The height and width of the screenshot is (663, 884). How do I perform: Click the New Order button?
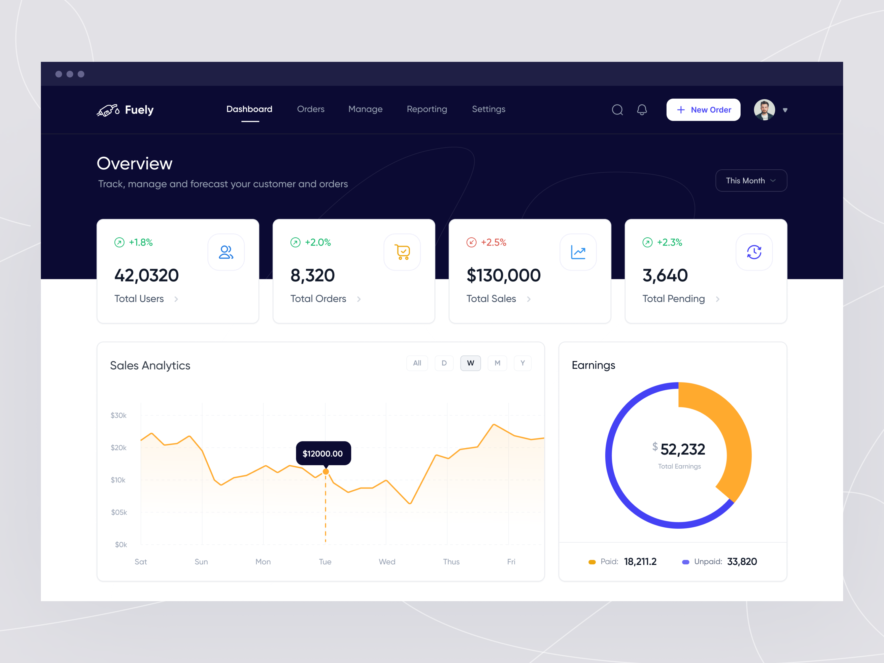pyautogui.click(x=703, y=110)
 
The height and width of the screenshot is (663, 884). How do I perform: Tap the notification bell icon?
pyautogui.click(x=642, y=110)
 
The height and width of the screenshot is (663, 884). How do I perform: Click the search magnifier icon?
pyautogui.click(x=617, y=110)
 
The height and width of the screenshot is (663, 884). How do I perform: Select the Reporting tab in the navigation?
pyautogui.click(x=427, y=109)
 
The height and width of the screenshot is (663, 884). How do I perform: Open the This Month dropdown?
pyautogui.click(x=751, y=181)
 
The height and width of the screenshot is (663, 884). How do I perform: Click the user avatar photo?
pyautogui.click(x=764, y=110)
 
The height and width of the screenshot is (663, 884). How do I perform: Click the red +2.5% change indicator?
pyautogui.click(x=486, y=243)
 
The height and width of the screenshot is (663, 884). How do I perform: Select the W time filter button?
pyautogui.click(x=470, y=363)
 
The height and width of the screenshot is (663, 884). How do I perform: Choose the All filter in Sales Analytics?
pyautogui.click(x=417, y=363)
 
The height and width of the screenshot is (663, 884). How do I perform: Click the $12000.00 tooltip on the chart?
pyautogui.click(x=323, y=454)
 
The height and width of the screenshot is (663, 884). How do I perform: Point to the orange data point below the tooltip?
pyautogui.click(x=326, y=472)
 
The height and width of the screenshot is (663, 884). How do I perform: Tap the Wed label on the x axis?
pyautogui.click(x=387, y=562)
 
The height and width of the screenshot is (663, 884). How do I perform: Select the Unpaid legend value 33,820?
pyautogui.click(x=742, y=562)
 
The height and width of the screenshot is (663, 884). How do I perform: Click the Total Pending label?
pyautogui.click(x=673, y=299)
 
